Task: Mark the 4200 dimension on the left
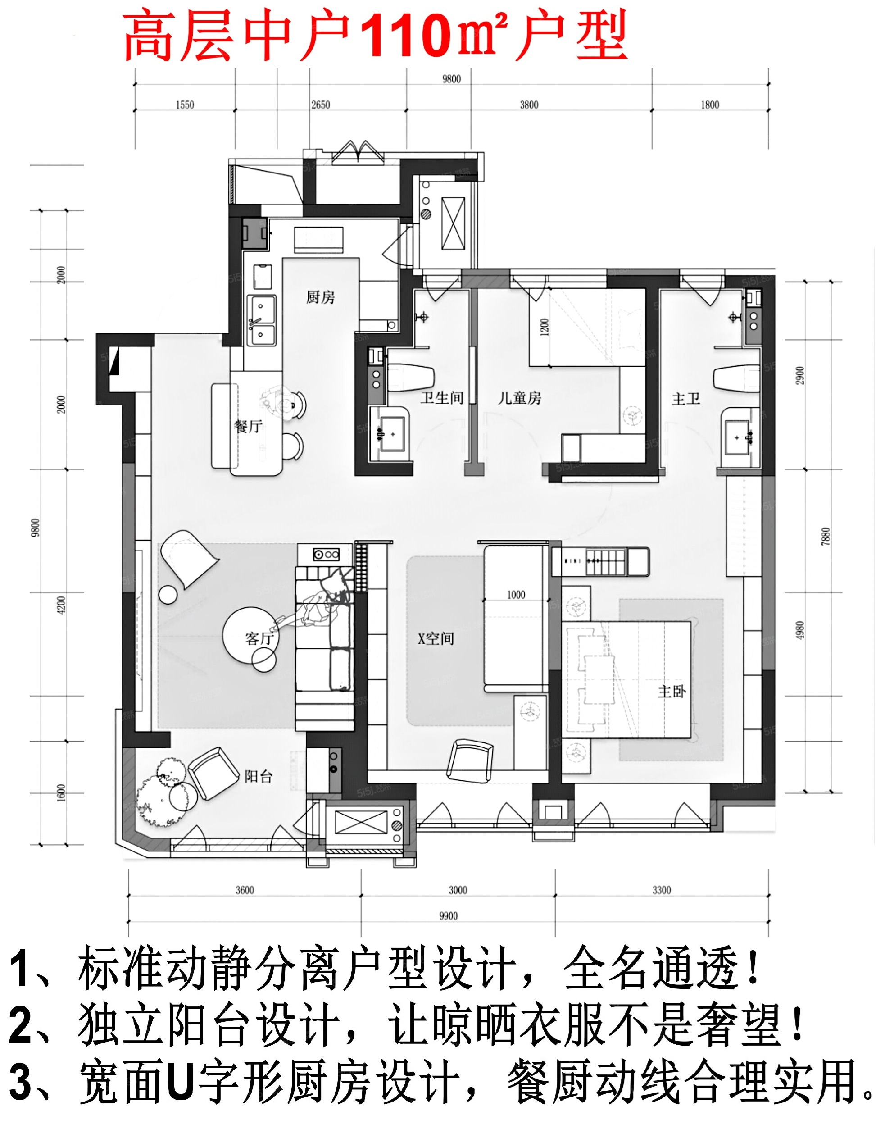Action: (x=61, y=605)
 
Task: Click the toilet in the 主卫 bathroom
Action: (x=736, y=378)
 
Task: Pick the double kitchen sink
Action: (x=261, y=320)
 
